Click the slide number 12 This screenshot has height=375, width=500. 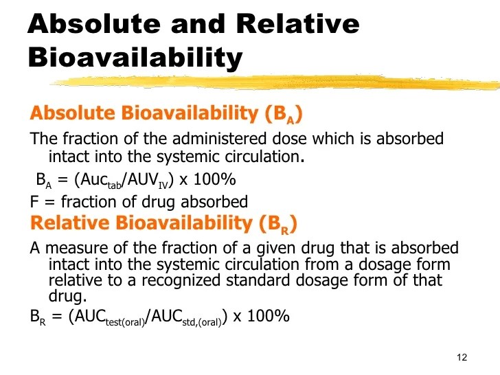click(x=461, y=358)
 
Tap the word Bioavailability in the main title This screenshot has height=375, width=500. click(x=135, y=58)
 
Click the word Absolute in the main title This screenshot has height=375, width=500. click(x=91, y=25)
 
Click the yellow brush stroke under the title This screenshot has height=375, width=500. click(x=275, y=82)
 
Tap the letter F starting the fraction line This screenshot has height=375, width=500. click(x=34, y=201)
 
